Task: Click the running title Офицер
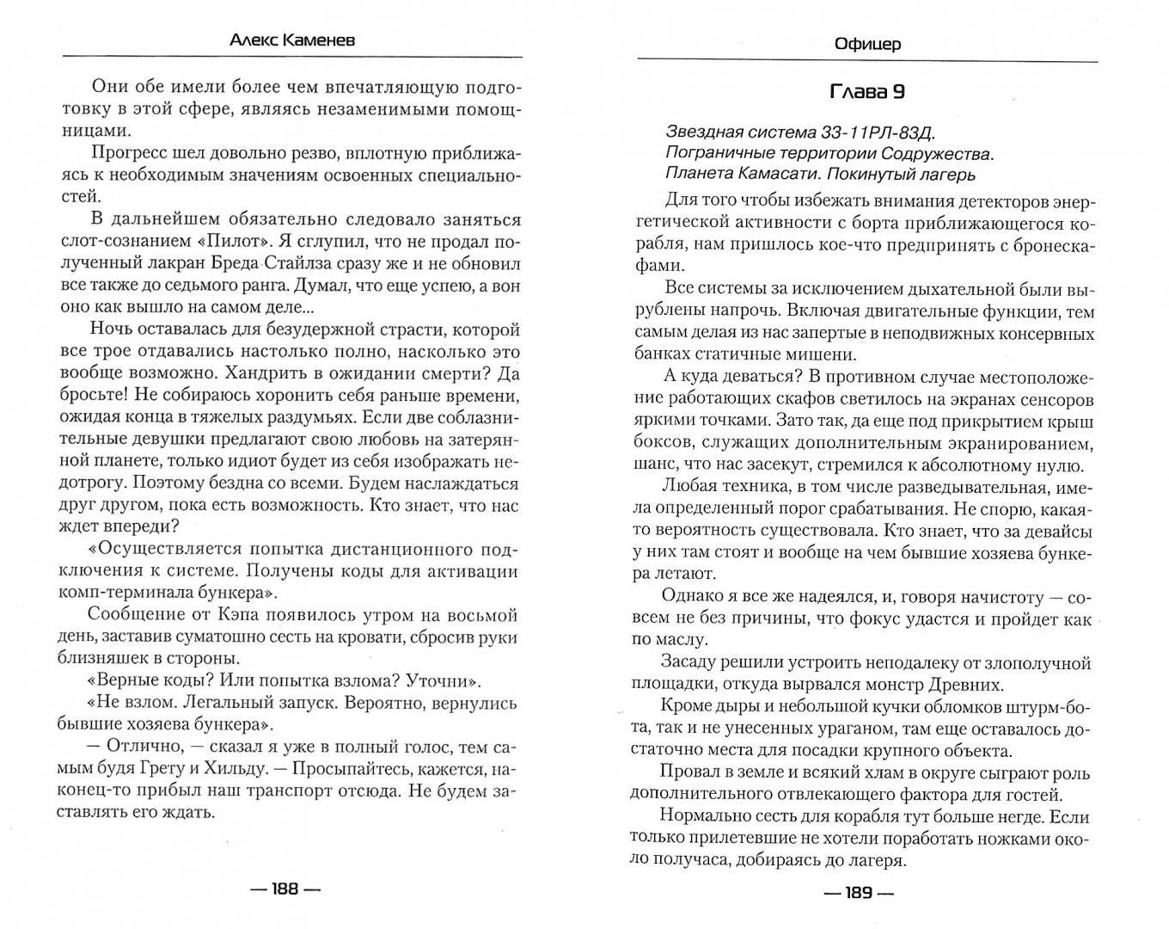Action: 867,43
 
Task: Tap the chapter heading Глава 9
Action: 867,92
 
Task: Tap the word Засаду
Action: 690,662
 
